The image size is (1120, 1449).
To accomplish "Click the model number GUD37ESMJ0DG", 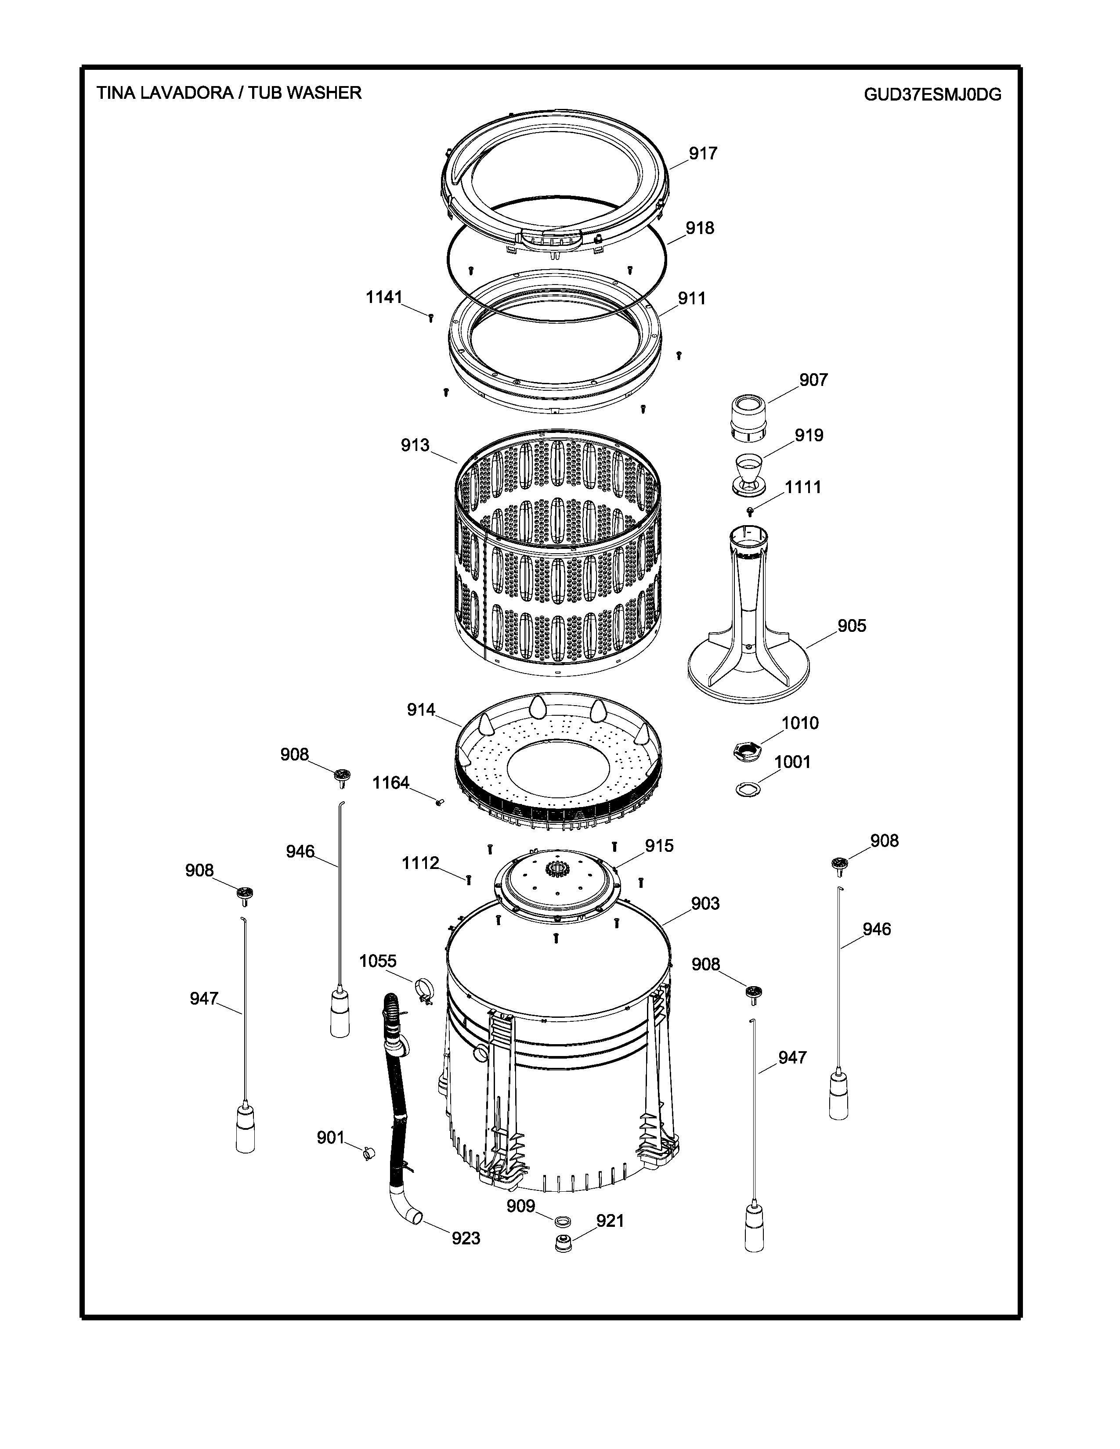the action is tap(932, 94).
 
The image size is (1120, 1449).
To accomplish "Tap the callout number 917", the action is tap(703, 153).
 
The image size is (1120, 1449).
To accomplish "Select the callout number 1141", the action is tap(384, 297).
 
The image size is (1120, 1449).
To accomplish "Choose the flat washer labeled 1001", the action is tap(748, 789).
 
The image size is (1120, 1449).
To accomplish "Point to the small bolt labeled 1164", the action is tap(439, 802).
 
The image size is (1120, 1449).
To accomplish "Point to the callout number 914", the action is tap(421, 710).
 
